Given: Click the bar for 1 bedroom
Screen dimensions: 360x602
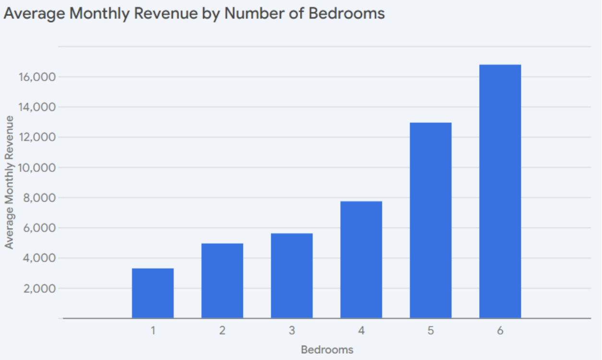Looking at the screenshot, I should [153, 293].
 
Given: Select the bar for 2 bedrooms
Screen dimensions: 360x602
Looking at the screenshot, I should [222, 281].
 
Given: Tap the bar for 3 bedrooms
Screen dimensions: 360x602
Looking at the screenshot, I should [292, 276].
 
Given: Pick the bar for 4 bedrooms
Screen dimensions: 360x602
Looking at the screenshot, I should [361, 260].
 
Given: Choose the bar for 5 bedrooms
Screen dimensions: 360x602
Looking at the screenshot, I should [431, 220].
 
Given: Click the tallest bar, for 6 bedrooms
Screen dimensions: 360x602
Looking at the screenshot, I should [500, 192].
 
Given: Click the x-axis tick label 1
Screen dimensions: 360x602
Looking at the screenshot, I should [153, 331].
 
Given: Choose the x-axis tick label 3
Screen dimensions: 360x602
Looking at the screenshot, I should [292, 331].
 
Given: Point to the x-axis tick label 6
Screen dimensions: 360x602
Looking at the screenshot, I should [500, 331].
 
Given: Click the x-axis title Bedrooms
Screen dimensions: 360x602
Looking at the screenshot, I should [327, 349].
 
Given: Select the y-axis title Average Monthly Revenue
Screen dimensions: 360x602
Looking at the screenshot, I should [10, 182].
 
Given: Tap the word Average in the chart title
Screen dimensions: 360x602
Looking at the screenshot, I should [34, 13].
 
